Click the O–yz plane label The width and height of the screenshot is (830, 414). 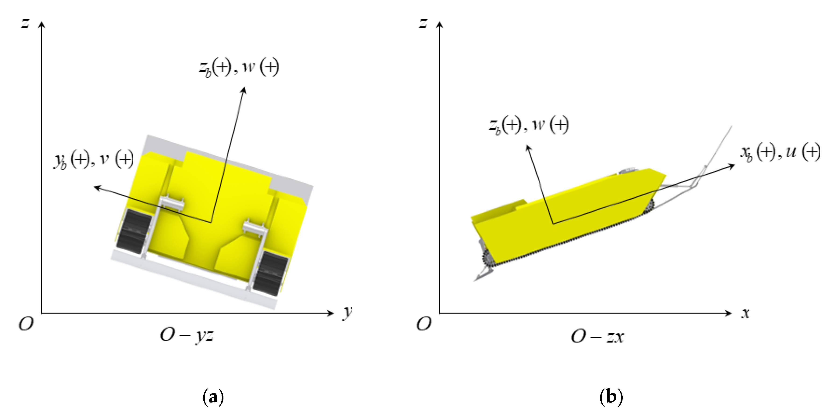point(187,336)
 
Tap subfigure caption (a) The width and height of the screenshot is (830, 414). point(213,396)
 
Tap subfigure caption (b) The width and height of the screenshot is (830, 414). point(611,396)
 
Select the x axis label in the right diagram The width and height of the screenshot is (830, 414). point(745,313)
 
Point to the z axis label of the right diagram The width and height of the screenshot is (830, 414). point(423,23)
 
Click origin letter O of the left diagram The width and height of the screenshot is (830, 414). point(26,324)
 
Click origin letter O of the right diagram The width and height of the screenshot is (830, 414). point(424,324)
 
